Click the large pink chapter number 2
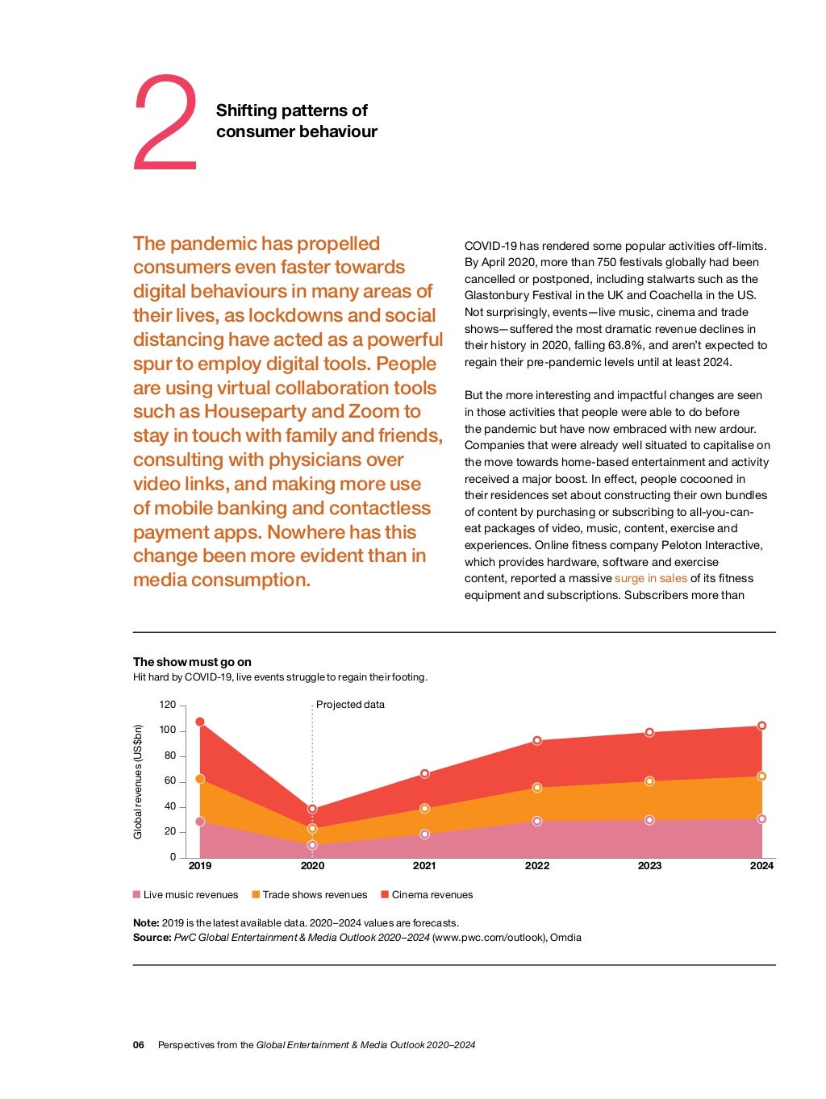[x=165, y=123]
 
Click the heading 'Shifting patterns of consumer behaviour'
[x=296, y=121]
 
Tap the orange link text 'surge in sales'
[x=650, y=578]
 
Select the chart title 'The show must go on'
[x=192, y=662]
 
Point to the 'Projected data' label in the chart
[x=350, y=705]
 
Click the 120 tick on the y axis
[x=167, y=705]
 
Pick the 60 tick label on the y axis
[x=169, y=781]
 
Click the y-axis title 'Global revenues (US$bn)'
[x=138, y=781]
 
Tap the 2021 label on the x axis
[x=424, y=866]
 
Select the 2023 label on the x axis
[x=649, y=866]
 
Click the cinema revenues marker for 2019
[x=200, y=722]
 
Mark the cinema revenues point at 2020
[x=312, y=809]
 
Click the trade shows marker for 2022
[x=537, y=788]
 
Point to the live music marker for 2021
[x=424, y=835]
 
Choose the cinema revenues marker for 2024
[x=761, y=726]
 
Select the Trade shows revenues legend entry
[x=310, y=895]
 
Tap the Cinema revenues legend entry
[x=427, y=895]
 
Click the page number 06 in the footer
[x=139, y=1045]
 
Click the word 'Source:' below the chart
[x=152, y=938]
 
